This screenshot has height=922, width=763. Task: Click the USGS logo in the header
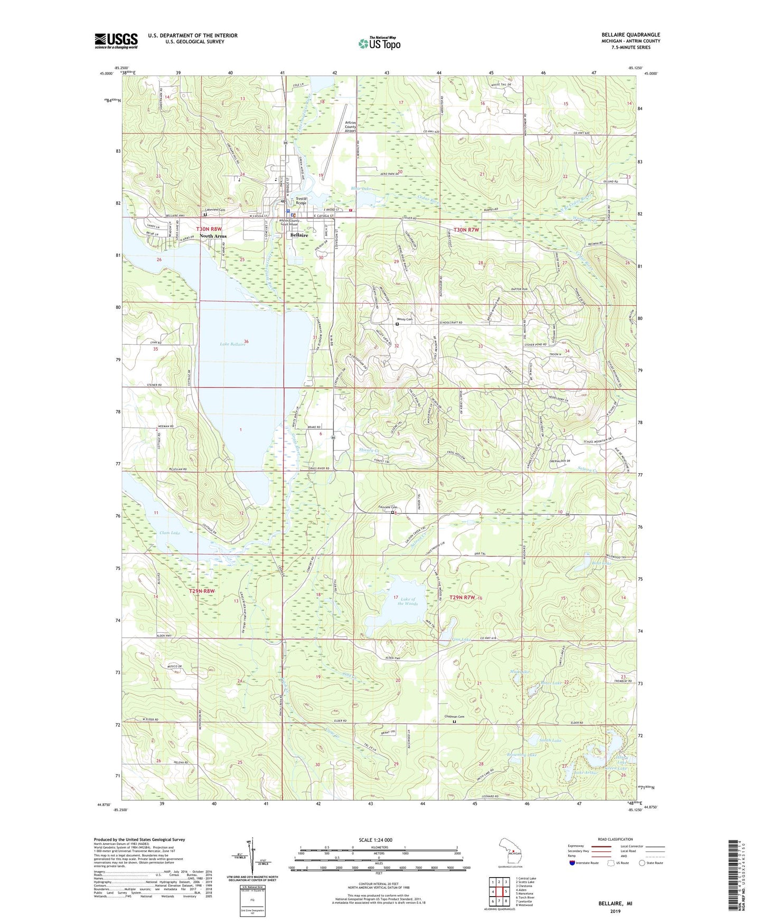coord(116,40)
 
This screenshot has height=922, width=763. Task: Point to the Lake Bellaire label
coord(232,344)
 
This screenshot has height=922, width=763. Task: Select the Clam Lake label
coord(169,533)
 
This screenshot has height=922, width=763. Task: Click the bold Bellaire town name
coord(299,235)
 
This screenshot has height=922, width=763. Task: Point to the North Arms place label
coord(213,236)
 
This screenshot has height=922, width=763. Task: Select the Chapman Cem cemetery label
coord(454,717)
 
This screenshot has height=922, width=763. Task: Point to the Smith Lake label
coord(550,740)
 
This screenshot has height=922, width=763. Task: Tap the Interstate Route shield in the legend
coord(572,863)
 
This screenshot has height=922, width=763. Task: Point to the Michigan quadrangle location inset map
coord(510,850)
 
